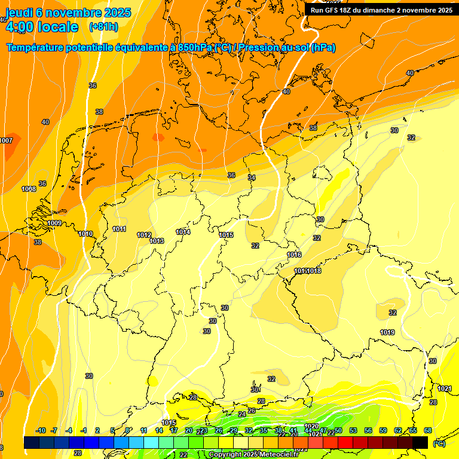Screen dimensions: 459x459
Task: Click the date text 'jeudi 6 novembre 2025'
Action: coord(68,13)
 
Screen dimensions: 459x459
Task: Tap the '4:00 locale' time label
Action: coord(41,27)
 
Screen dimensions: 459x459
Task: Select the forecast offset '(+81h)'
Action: coord(103,27)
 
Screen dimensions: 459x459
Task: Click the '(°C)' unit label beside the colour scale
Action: coord(439,443)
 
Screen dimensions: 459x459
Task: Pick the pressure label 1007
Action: coord(6,140)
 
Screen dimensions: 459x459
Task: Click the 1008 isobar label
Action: coord(29,189)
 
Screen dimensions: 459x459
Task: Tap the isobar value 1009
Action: coord(54,223)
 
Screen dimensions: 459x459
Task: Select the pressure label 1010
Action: coord(85,234)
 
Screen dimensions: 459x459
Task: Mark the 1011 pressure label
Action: coord(119,229)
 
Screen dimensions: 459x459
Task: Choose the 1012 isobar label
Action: coord(144,235)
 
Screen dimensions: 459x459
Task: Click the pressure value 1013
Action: coord(157,241)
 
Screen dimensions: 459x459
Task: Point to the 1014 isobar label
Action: coord(183,232)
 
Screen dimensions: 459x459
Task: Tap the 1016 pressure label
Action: coord(294,255)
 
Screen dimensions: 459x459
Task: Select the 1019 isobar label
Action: coord(387,332)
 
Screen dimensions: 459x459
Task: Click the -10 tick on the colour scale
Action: coord(41,430)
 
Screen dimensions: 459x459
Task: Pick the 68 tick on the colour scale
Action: coord(428,430)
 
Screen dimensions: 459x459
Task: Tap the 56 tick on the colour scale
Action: coord(368,430)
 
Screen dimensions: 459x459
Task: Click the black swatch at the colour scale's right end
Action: coord(420,442)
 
